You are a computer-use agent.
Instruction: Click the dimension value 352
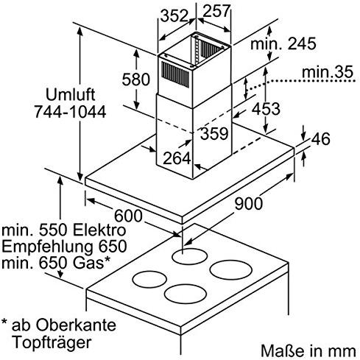pyautogui.click(x=174, y=16)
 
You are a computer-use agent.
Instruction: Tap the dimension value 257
pyautogui.click(x=217, y=11)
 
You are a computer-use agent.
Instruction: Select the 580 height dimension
pyautogui.click(x=135, y=80)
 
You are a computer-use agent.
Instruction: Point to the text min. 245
pyautogui.click(x=283, y=44)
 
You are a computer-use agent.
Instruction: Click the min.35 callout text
pyautogui.click(x=328, y=72)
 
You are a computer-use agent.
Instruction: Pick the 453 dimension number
pyautogui.click(x=266, y=109)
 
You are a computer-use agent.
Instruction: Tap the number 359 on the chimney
pyautogui.click(x=214, y=134)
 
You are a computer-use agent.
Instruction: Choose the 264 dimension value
pyautogui.click(x=177, y=158)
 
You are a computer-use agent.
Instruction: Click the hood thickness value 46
pyautogui.click(x=321, y=138)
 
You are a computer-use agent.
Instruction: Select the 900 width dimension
pyautogui.click(x=249, y=204)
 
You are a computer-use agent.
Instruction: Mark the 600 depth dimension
pyautogui.click(x=128, y=216)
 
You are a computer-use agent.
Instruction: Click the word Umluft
pyautogui.click(x=71, y=95)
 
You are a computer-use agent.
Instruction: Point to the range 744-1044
pyautogui.click(x=70, y=112)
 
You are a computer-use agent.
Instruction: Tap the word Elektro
pyautogui.click(x=100, y=230)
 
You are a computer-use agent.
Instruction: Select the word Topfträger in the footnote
pyautogui.click(x=52, y=342)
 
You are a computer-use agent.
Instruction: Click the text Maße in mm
pyautogui.click(x=308, y=351)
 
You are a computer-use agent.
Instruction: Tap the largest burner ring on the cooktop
pyautogui.click(x=231, y=270)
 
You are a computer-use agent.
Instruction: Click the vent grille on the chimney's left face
pyautogui.click(x=175, y=74)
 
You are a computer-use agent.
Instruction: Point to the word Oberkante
pyautogui.click(x=76, y=325)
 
